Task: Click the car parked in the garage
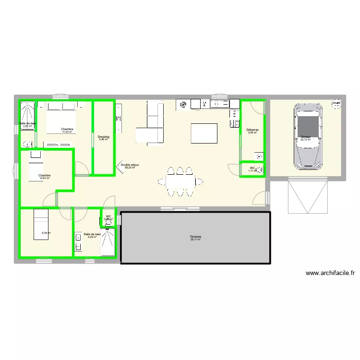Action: click(x=307, y=135)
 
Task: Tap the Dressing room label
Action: click(x=103, y=137)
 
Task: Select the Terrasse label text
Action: click(x=195, y=237)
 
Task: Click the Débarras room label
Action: click(x=252, y=130)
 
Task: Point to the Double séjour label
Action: click(x=130, y=165)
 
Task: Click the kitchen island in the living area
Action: click(x=204, y=133)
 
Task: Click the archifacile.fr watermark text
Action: click(x=331, y=273)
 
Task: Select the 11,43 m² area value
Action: click(x=67, y=132)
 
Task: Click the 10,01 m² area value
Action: click(x=45, y=179)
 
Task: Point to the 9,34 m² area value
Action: click(x=46, y=233)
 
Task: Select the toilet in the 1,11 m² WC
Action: click(x=260, y=169)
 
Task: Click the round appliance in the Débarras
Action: click(x=260, y=156)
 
